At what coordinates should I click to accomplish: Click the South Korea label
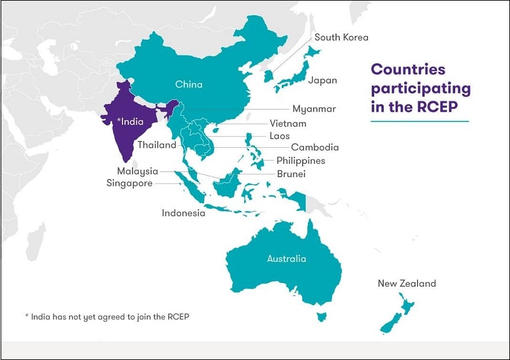click(x=341, y=37)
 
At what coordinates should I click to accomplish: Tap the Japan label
click(x=323, y=80)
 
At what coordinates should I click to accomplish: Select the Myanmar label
click(x=314, y=109)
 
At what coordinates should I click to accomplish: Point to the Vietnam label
click(x=288, y=123)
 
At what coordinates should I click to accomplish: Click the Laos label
click(x=279, y=136)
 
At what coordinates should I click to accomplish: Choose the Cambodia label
click(x=315, y=147)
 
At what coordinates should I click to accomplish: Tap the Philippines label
click(x=300, y=161)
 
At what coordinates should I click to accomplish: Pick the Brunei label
click(x=291, y=173)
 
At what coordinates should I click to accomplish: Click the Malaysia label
click(x=137, y=171)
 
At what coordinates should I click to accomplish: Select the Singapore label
click(x=129, y=183)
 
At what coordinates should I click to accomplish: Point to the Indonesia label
click(x=184, y=213)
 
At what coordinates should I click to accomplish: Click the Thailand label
click(x=157, y=145)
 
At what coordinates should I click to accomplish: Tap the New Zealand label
click(x=407, y=284)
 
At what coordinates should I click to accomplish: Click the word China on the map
click(x=189, y=84)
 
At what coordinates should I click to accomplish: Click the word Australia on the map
click(x=286, y=259)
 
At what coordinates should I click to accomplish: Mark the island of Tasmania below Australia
click(x=322, y=314)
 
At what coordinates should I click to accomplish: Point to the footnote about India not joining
click(x=107, y=317)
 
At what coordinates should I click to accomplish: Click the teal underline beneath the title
click(x=419, y=121)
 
